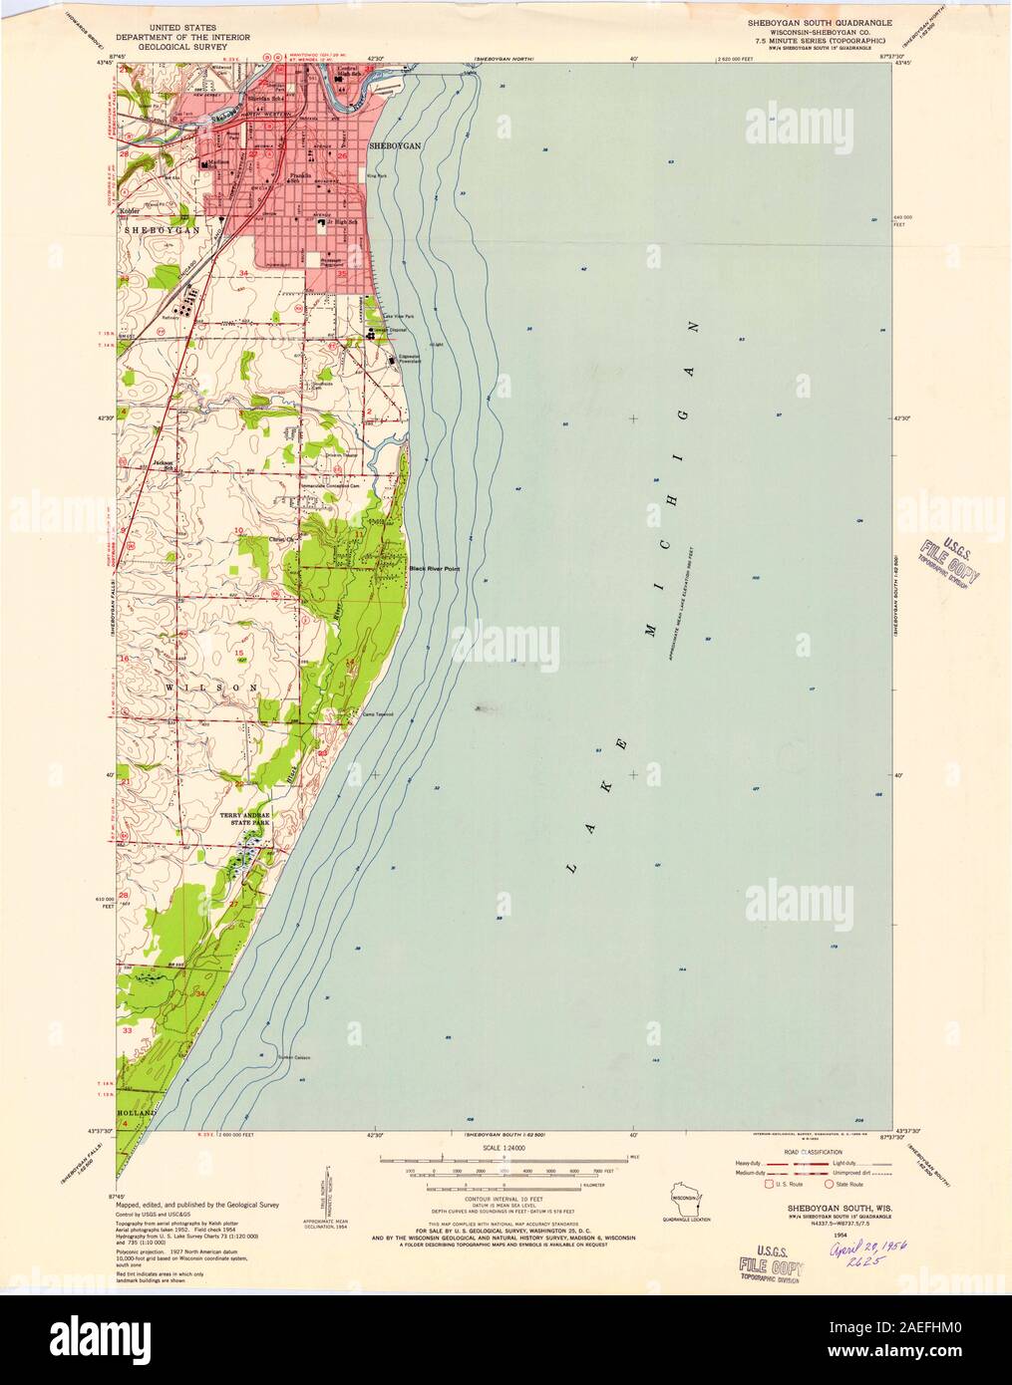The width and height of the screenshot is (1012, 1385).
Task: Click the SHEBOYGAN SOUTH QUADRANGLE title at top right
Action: point(815,21)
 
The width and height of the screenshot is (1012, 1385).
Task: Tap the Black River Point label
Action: point(434,569)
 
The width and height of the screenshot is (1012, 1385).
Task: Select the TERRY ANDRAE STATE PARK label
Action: point(244,819)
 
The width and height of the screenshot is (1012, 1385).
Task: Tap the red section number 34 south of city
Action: point(243,272)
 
